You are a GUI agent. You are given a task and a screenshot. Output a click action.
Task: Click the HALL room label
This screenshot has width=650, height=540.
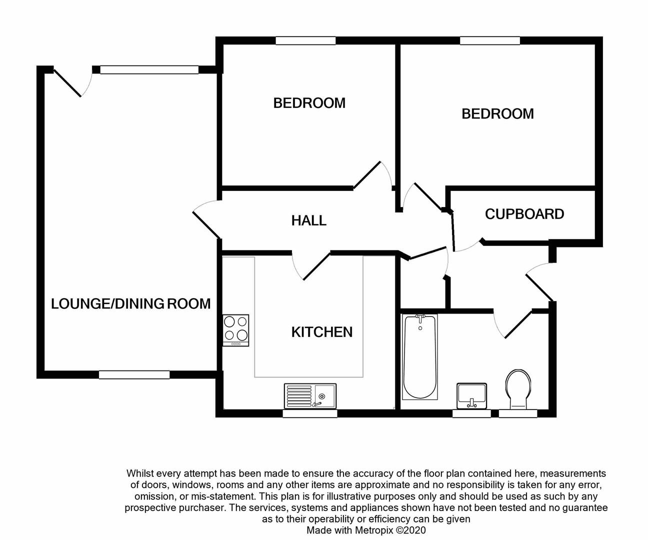point(308,220)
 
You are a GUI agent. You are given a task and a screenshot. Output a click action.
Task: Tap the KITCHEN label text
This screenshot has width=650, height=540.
point(321,332)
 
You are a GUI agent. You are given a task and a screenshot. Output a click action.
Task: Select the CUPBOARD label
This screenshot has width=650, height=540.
point(524,214)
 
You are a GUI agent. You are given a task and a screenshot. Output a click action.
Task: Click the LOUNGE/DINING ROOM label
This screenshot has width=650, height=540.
point(130,303)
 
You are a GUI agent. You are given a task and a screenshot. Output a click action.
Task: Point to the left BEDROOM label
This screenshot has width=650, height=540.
point(309,103)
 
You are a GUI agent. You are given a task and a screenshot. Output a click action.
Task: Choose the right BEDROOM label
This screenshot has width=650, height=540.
point(497,114)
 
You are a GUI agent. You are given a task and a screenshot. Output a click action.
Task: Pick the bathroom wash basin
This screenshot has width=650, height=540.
point(471,395)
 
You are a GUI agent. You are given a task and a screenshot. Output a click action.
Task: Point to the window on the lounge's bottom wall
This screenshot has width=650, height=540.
point(134,374)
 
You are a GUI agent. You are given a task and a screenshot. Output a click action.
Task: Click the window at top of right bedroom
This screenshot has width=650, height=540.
point(490,40)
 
